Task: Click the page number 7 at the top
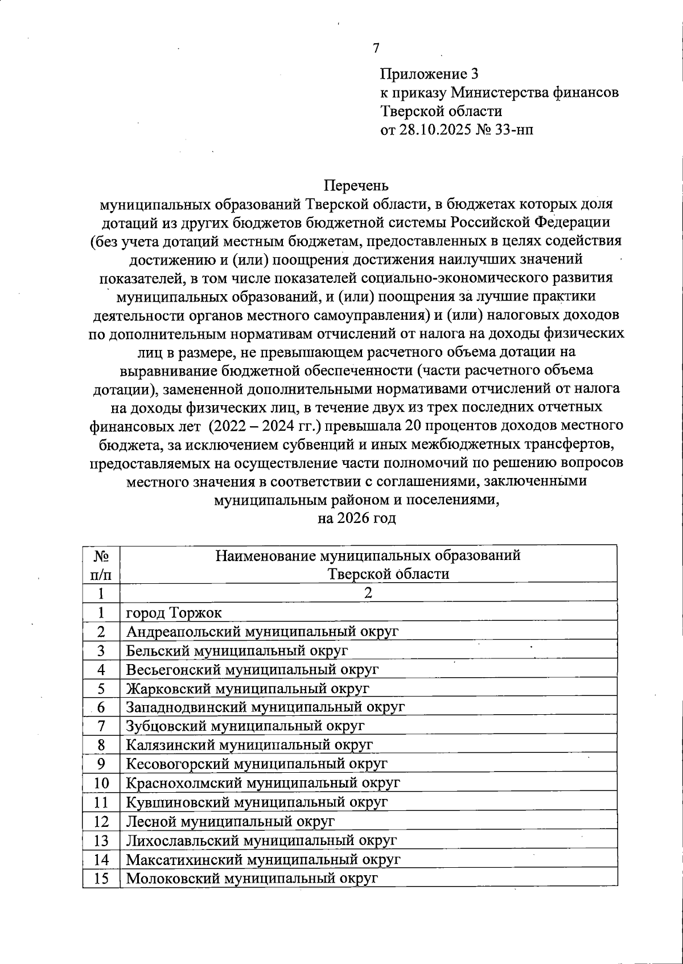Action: pos(376,48)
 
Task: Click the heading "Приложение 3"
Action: pos(429,74)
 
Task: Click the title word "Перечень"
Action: pos(356,186)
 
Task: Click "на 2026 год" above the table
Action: pos(356,518)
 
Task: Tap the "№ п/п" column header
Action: pos(101,565)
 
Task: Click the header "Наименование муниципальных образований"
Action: pos(368,555)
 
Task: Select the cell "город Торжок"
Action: pos(174,613)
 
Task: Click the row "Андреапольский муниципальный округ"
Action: pos(262,632)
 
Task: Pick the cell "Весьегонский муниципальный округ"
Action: pos(252,670)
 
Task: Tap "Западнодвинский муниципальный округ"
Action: pos(265,707)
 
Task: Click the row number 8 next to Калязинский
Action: pos(101,745)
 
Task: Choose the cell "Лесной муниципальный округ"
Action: pos(230,821)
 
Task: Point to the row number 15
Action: pos(101,878)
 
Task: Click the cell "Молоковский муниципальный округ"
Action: pos(252,878)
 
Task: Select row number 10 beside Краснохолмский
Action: pos(101,783)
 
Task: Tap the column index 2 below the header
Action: pos(368,593)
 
